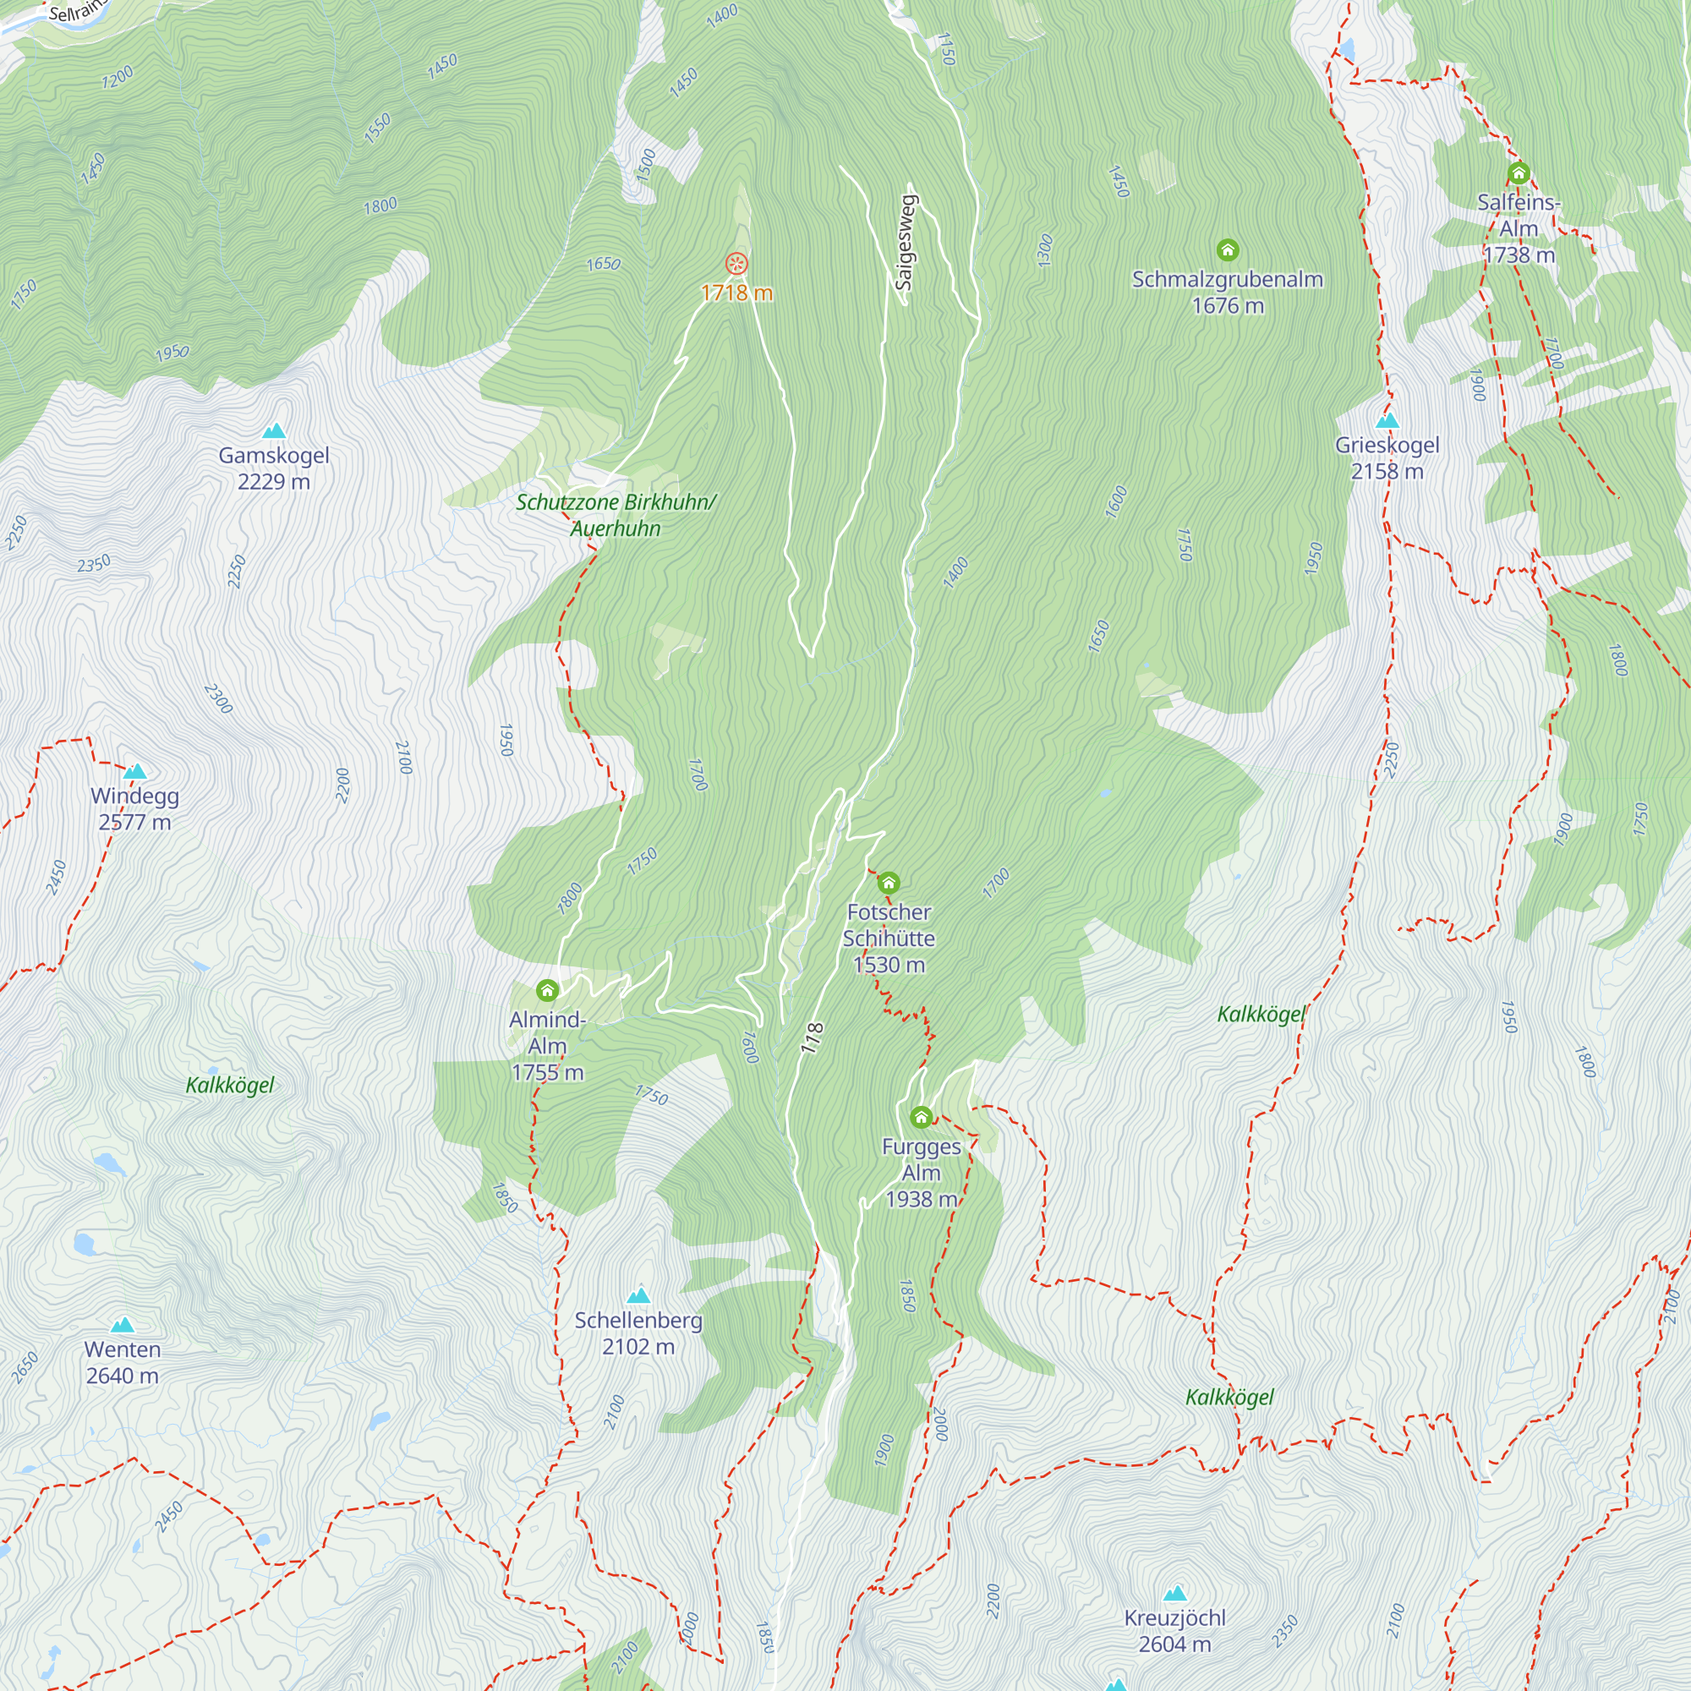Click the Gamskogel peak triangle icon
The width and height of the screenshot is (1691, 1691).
point(274,430)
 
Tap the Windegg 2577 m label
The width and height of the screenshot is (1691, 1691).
point(134,809)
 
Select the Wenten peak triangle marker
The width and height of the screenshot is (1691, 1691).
point(123,1325)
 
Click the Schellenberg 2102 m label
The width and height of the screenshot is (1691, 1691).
point(638,1333)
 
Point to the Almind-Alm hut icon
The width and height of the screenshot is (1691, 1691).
point(547,991)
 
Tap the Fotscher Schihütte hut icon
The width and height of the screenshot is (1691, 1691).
point(889,882)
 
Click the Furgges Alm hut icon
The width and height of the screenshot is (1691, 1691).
point(921,1117)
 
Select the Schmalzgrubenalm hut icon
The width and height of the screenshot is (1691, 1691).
point(1227,251)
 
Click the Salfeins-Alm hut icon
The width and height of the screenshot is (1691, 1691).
point(1519,173)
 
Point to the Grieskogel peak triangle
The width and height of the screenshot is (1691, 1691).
point(1387,421)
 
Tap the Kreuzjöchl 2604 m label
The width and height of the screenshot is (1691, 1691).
point(1174,1631)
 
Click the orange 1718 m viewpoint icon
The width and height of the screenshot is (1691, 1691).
point(737,264)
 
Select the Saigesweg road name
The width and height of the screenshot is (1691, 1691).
point(905,243)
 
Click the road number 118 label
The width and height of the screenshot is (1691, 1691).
point(813,1037)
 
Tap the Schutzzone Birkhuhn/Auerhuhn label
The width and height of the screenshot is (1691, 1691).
point(616,515)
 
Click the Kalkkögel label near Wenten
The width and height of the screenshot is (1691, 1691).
point(230,1086)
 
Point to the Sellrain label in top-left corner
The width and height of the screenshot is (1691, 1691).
point(76,11)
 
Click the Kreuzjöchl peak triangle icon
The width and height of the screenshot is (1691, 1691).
point(1174,1593)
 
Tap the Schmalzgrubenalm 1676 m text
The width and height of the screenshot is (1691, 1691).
point(1227,293)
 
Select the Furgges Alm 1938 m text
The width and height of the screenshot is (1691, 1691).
point(921,1173)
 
